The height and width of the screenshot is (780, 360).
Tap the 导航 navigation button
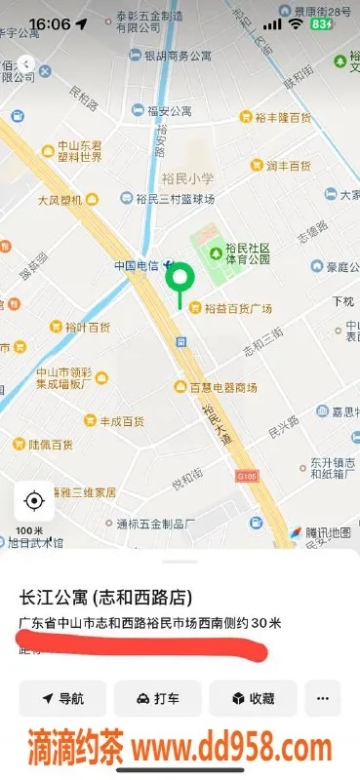pos(62,698)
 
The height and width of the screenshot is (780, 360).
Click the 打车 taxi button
pos(158,698)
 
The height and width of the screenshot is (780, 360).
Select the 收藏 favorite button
pos(253,698)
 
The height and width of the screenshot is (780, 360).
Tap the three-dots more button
pos(323,698)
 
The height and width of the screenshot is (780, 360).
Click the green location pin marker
pos(179,279)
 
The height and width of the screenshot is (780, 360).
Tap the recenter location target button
pos(34,501)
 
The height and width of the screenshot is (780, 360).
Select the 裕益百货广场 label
pos(237,309)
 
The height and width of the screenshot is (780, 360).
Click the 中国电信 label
pos(137,265)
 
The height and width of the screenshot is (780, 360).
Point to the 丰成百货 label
pos(121,421)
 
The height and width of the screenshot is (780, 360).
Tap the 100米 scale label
pos(29,530)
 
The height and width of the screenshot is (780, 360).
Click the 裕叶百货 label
pos(86,327)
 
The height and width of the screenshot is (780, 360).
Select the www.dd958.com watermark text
pos(232,749)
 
